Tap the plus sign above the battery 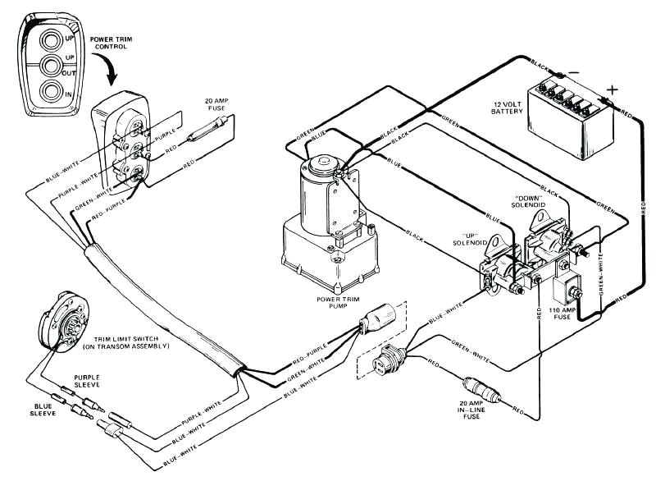[x=610, y=89]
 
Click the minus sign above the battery [x=574, y=73]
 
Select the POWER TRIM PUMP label [x=341, y=303]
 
